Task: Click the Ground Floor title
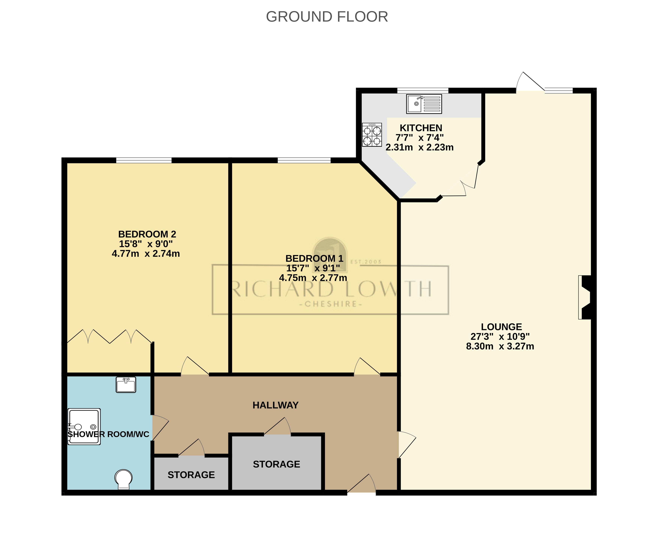point(327,17)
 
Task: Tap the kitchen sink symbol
point(424,104)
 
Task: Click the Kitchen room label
point(421,128)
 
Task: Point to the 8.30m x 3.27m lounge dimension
point(500,346)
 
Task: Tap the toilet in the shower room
point(123,479)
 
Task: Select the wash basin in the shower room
point(126,385)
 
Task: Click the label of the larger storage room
point(276,464)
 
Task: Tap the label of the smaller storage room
point(191,475)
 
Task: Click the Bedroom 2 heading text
point(147,234)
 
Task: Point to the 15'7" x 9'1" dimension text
point(313,268)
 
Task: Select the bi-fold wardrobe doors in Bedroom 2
point(110,337)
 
